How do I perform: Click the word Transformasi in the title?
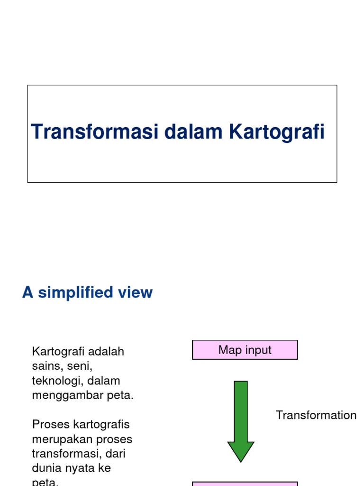pyautogui.click(x=95, y=132)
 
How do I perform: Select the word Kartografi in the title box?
pyautogui.click(x=277, y=132)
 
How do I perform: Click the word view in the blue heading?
pyautogui.click(x=137, y=293)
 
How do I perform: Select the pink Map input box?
pyautogui.click(x=245, y=350)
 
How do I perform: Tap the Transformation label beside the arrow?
pyautogui.click(x=316, y=415)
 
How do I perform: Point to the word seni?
pyautogui.click(x=79, y=366)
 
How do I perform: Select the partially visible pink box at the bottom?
pyautogui.click(x=245, y=484)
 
